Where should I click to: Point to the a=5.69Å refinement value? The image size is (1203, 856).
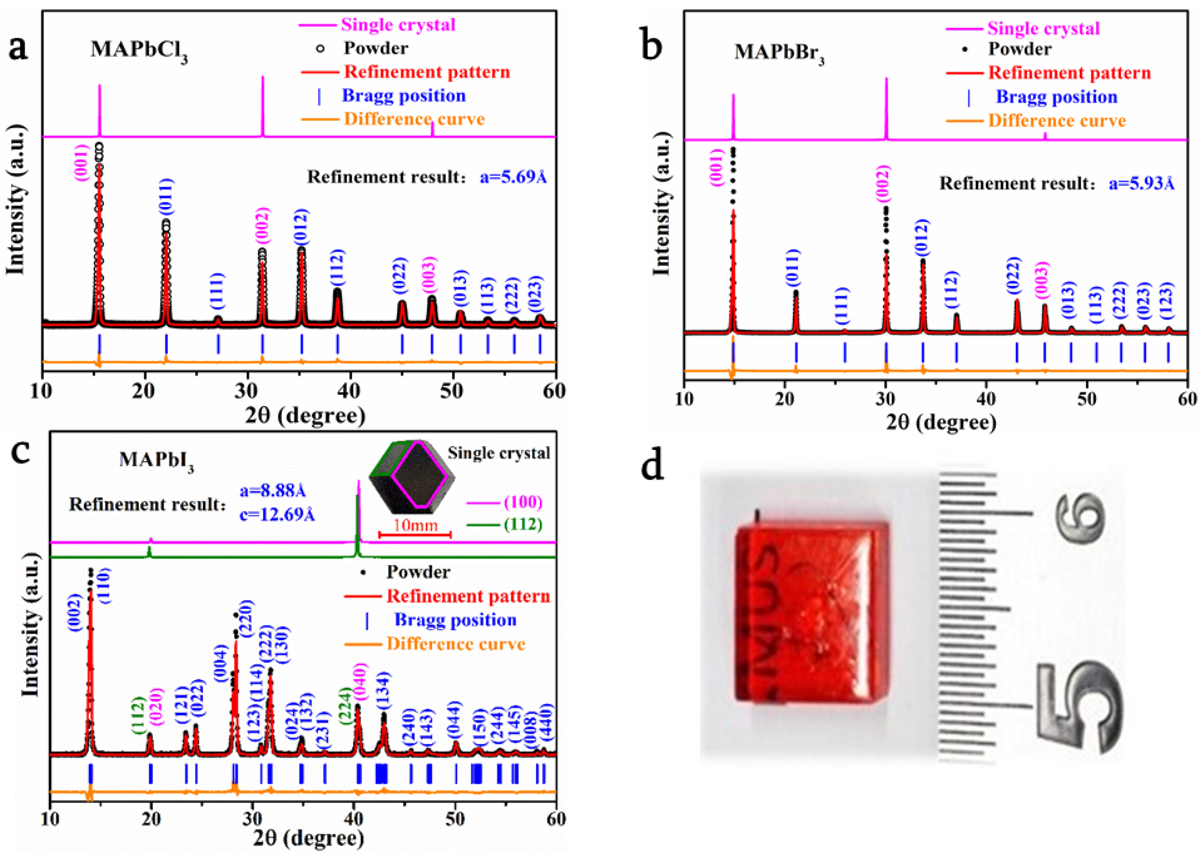[x=513, y=177]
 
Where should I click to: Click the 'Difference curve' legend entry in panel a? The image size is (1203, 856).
[x=414, y=119]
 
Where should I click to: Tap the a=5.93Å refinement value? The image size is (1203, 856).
[x=1141, y=183]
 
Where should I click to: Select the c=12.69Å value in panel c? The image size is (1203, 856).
[x=277, y=514]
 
